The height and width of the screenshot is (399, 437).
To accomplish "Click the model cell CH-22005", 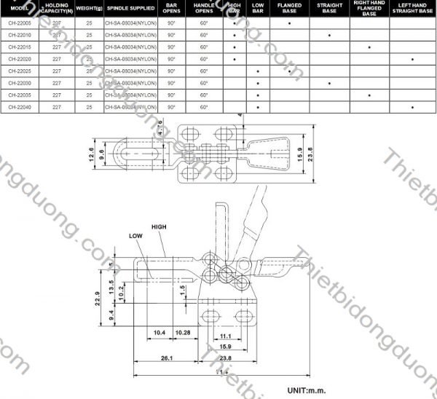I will [x=20, y=23].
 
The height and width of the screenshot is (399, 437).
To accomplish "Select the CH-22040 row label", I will [x=20, y=108].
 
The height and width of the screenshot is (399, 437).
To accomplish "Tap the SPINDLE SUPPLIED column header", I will [x=130, y=9].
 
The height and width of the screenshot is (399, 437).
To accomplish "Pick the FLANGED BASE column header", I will [x=290, y=9].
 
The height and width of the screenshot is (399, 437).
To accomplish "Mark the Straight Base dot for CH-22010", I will [x=330, y=35].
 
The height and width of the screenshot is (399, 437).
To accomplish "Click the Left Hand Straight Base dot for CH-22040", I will [x=412, y=108].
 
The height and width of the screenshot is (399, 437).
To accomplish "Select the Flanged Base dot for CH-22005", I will [x=290, y=23].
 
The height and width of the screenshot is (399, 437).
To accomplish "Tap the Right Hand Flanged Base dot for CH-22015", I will [x=370, y=47].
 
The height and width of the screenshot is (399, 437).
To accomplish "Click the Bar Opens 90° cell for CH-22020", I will [x=171, y=59].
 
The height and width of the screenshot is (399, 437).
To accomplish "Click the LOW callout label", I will [x=136, y=235].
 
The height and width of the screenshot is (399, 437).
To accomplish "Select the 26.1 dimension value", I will [x=166, y=357].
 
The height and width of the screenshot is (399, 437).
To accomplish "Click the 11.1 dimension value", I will [x=226, y=337].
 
